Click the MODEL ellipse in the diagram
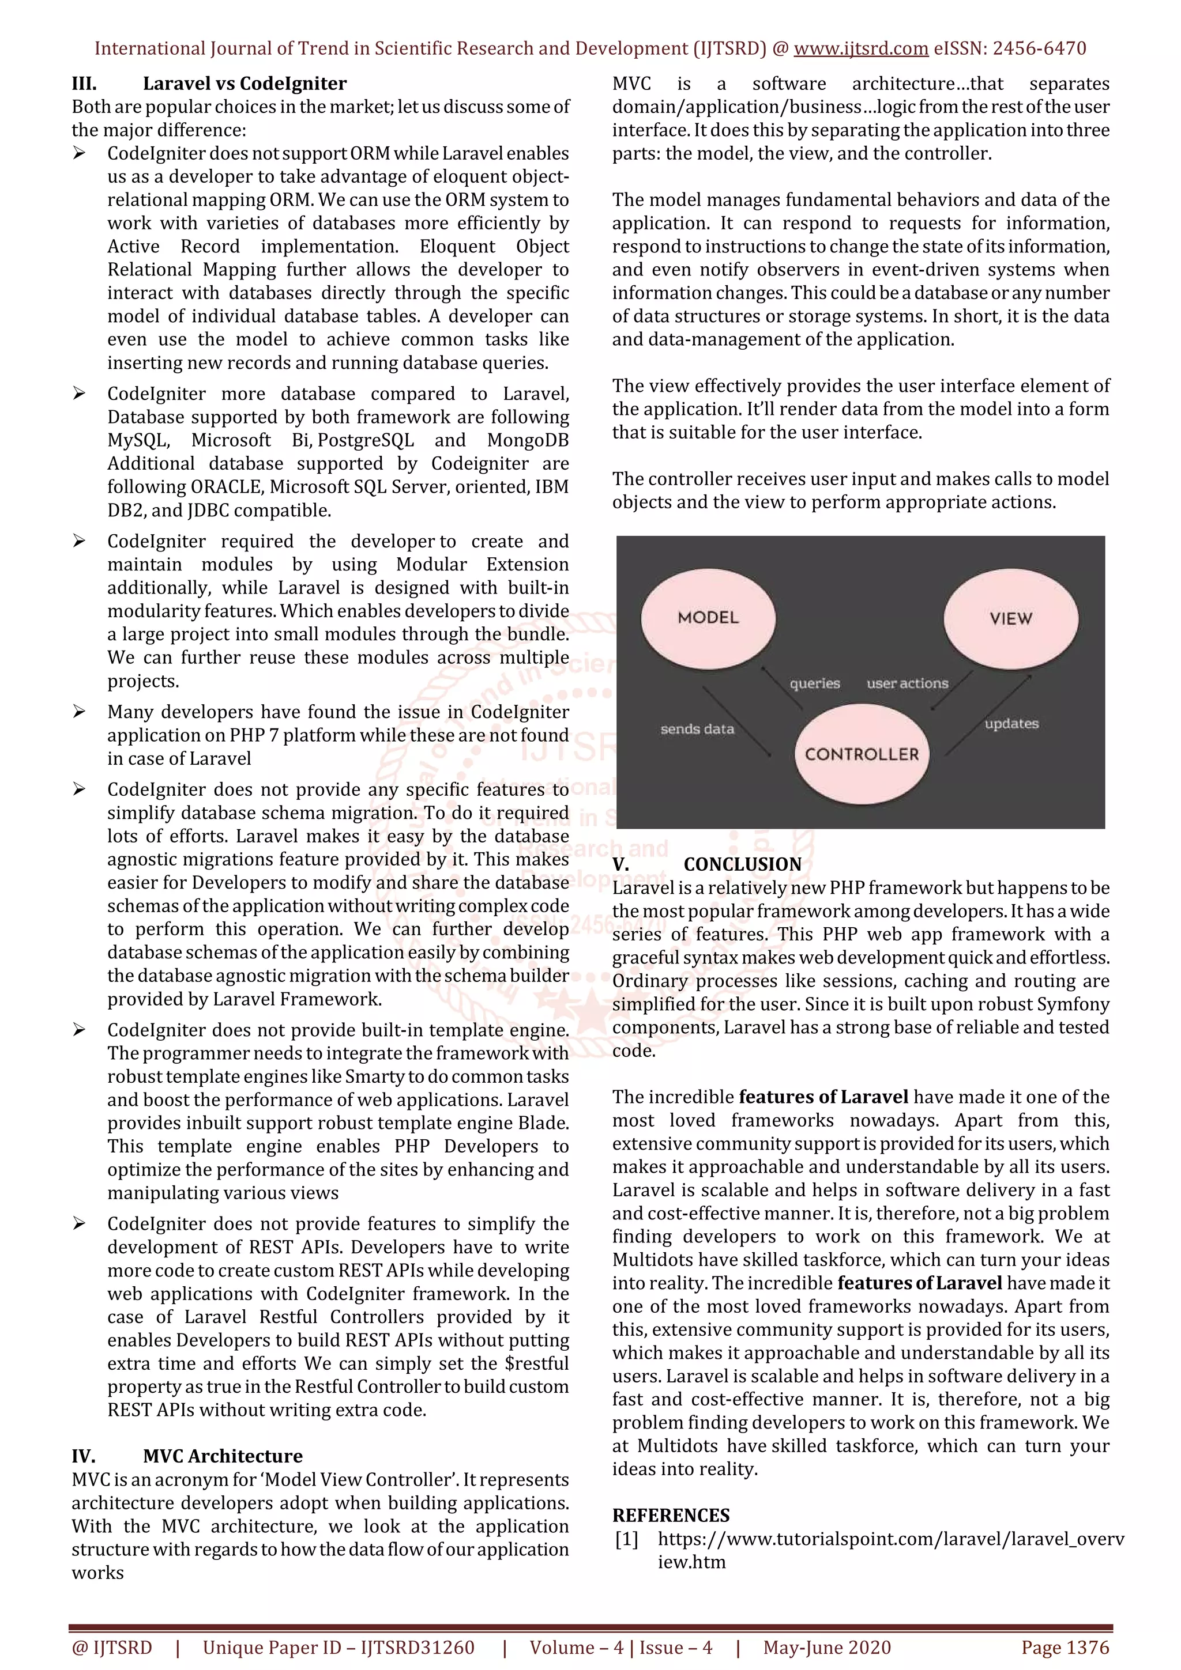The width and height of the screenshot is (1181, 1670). click(x=708, y=618)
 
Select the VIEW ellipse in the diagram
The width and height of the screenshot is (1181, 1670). click(x=1011, y=618)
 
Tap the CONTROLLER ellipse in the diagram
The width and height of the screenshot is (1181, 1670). click(x=862, y=754)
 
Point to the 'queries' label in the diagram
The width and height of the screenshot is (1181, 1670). click(x=815, y=683)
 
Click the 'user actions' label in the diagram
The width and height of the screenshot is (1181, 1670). click(x=908, y=683)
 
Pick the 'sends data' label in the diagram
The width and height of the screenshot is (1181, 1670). click(x=697, y=729)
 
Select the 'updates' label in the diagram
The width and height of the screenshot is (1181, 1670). click(x=1011, y=724)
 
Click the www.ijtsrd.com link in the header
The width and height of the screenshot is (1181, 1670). click(x=861, y=49)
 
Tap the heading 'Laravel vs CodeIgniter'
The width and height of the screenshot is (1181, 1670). click(x=245, y=84)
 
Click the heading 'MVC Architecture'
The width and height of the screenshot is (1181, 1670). click(x=223, y=1456)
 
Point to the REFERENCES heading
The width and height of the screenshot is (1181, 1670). click(x=671, y=1515)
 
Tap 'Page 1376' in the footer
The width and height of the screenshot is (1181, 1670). click(x=1065, y=1648)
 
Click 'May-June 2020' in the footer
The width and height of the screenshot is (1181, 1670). click(x=826, y=1648)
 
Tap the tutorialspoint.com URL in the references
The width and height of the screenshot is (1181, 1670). click(x=891, y=1539)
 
